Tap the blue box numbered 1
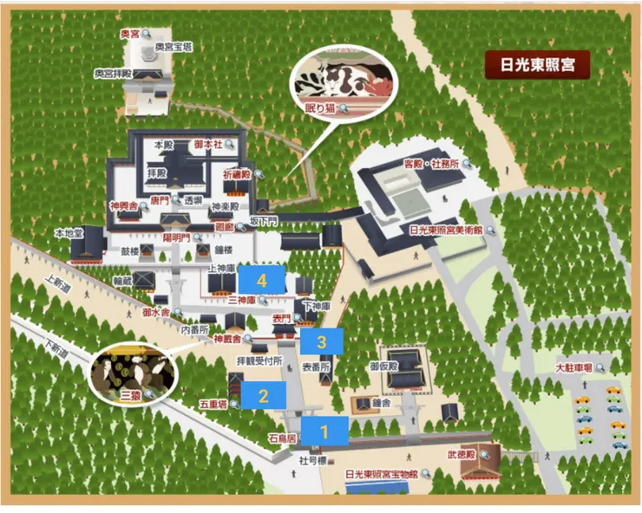[324, 430]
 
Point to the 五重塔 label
[212, 403]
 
